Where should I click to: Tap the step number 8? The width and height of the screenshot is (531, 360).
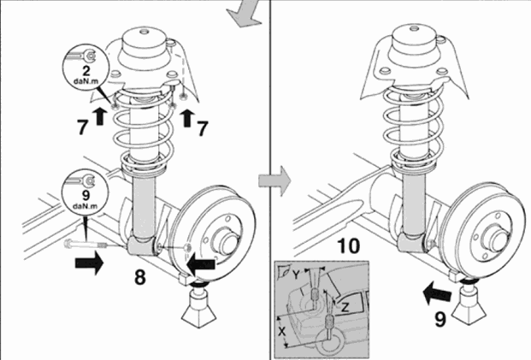click(140, 277)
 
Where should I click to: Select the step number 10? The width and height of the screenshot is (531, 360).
click(349, 246)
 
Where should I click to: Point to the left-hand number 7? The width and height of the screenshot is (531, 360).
click(83, 127)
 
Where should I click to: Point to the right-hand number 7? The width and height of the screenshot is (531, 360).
click(202, 128)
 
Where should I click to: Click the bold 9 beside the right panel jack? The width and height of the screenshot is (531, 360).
click(440, 319)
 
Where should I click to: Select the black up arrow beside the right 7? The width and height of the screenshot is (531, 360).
click(186, 118)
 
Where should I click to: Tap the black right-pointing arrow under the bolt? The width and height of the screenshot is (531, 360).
click(89, 263)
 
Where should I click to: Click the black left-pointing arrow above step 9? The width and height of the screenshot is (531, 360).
click(437, 293)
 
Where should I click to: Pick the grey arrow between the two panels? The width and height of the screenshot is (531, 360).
click(274, 180)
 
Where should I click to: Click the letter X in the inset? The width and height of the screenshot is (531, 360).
click(282, 331)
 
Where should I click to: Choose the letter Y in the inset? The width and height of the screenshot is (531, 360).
click(297, 275)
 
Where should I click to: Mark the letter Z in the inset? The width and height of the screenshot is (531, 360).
click(345, 308)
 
